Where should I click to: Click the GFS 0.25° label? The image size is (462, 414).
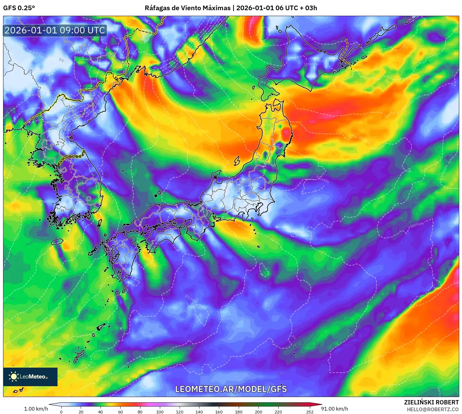pyautogui.click(x=19, y=8)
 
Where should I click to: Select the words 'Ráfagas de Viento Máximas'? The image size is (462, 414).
pyautogui.click(x=187, y=8)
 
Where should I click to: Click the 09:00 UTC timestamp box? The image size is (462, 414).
pyautogui.click(x=55, y=30)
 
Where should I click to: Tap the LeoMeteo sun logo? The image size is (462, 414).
pyautogui.click(x=14, y=376)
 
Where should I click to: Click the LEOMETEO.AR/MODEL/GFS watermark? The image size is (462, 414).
pyautogui.click(x=231, y=389)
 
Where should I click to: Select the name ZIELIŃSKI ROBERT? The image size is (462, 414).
pyautogui.click(x=431, y=402)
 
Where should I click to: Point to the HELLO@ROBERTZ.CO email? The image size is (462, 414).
pyautogui.click(x=432, y=409)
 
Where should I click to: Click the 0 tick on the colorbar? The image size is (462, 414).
pyautogui.click(x=61, y=412)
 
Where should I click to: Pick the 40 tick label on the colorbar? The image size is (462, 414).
pyautogui.click(x=101, y=412)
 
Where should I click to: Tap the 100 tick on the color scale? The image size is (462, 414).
pyautogui.click(x=160, y=412)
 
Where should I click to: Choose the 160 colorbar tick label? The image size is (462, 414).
pyautogui.click(x=219, y=412)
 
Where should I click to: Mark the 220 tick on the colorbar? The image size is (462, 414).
pyautogui.click(x=278, y=412)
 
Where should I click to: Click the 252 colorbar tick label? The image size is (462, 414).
pyautogui.click(x=310, y=412)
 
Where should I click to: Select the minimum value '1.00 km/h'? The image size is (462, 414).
pyautogui.click(x=36, y=409)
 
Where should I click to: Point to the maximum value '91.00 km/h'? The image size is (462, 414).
pyautogui.click(x=334, y=409)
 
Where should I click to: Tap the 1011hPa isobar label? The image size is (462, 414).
pyautogui.click(x=322, y=179)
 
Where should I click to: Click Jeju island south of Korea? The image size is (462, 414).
pyautogui.click(x=57, y=241)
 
